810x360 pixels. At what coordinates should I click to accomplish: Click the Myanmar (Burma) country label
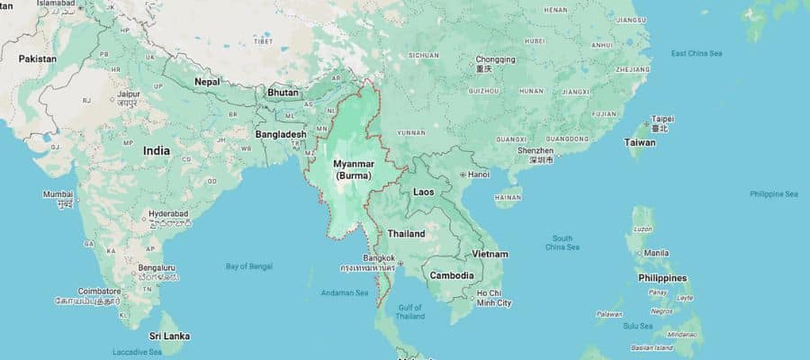pos(353,169)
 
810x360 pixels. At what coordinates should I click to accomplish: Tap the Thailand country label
pos(406,233)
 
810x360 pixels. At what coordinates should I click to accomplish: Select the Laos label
pos(424,192)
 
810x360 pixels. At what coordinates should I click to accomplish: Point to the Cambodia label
pos(452,275)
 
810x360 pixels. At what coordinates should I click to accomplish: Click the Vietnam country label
pos(490,254)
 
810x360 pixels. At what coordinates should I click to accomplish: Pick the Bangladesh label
pos(280,134)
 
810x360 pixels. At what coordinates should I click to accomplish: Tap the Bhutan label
pos(283,93)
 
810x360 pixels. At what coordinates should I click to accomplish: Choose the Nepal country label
pos(207,81)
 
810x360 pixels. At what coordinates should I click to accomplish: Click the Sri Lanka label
pos(169,336)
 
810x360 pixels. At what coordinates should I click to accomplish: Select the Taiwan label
pos(640,142)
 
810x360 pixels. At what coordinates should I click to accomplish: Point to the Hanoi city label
pos(478,174)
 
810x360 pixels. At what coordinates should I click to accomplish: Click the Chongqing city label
pos(496,60)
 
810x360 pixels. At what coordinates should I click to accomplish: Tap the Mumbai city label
pos(58,193)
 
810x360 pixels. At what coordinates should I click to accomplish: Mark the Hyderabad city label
pos(168,213)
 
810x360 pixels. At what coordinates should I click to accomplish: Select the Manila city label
pos(656,253)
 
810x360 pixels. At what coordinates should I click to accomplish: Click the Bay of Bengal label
pos(248,266)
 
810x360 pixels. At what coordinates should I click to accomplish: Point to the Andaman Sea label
pos(346,292)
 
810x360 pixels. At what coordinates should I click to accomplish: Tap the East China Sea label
pos(697,53)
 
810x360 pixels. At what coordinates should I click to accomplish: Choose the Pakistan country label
pos(37,58)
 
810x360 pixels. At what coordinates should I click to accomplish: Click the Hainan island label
pos(508,196)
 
